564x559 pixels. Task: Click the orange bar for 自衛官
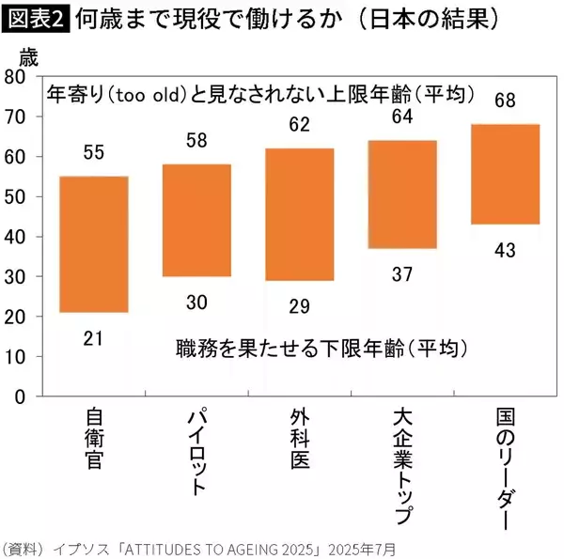(x=94, y=244)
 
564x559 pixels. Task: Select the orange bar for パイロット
(x=196, y=221)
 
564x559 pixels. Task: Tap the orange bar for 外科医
(x=300, y=214)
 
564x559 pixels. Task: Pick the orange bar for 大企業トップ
(x=402, y=194)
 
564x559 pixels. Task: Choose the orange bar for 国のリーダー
(x=505, y=174)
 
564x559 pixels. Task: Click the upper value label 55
(x=94, y=151)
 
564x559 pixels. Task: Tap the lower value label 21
(x=94, y=337)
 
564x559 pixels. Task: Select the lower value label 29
(x=300, y=305)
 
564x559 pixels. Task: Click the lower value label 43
(x=505, y=250)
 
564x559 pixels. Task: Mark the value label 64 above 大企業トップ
(x=402, y=116)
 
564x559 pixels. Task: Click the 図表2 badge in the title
(x=36, y=19)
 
